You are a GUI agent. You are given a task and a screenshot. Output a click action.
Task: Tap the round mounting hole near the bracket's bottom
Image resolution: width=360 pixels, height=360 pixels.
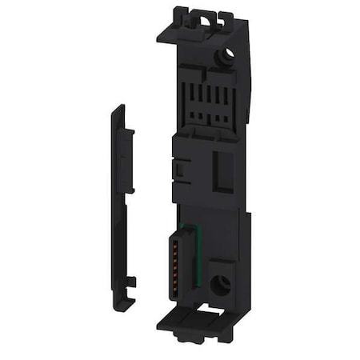click(217, 283)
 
